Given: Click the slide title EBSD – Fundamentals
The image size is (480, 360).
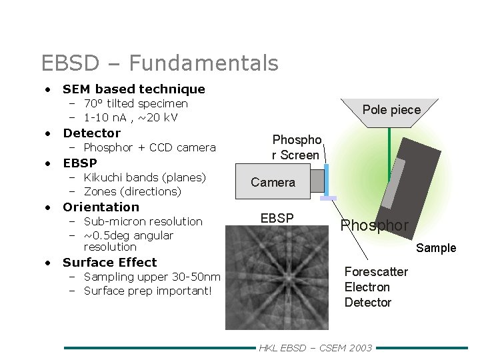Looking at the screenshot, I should pyautogui.click(x=159, y=63).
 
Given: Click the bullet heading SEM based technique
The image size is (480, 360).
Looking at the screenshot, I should pyautogui.click(x=133, y=89).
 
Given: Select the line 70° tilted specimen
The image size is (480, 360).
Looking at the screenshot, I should pyautogui.click(x=135, y=104).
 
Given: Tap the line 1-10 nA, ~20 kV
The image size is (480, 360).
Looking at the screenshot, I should pyautogui.click(x=131, y=118).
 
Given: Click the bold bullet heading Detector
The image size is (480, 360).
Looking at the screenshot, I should pyautogui.click(x=91, y=133).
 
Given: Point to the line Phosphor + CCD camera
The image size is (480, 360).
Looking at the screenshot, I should pyautogui.click(x=149, y=147).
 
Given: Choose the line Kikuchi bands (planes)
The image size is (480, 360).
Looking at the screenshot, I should pyautogui.click(x=145, y=177).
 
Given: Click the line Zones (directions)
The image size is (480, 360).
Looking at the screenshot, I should pyautogui.click(x=132, y=191).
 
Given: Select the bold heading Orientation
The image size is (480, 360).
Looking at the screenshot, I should pyautogui.click(x=101, y=207).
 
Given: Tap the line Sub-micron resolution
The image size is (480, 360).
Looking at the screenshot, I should pyautogui.click(x=143, y=221).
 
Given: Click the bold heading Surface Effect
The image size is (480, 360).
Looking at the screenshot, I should pyautogui.click(x=109, y=263).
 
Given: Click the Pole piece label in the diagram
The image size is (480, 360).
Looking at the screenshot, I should pyautogui.click(x=391, y=110).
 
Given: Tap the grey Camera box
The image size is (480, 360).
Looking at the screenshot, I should pyautogui.click(x=273, y=182).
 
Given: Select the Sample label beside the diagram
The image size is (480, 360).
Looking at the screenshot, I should pyautogui.click(x=436, y=248).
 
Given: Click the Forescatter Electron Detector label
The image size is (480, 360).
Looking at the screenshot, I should pyautogui.click(x=376, y=287).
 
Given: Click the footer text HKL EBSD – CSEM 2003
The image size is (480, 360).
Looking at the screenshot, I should pyautogui.click(x=315, y=348).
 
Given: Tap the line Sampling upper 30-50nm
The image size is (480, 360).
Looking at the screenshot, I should pyautogui.click(x=151, y=277).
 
